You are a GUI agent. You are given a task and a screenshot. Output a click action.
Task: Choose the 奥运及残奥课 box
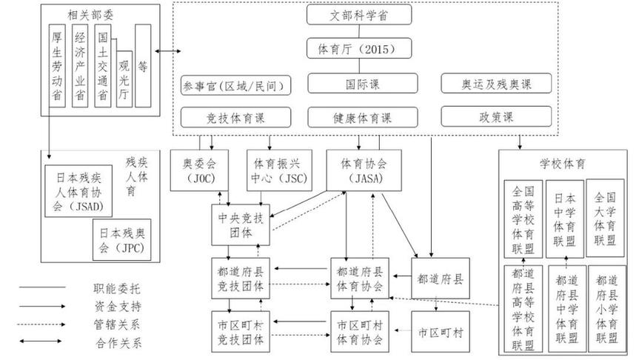pyautogui.click(x=496, y=84)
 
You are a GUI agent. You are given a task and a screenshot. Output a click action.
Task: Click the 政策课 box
pyautogui.click(x=496, y=117)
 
